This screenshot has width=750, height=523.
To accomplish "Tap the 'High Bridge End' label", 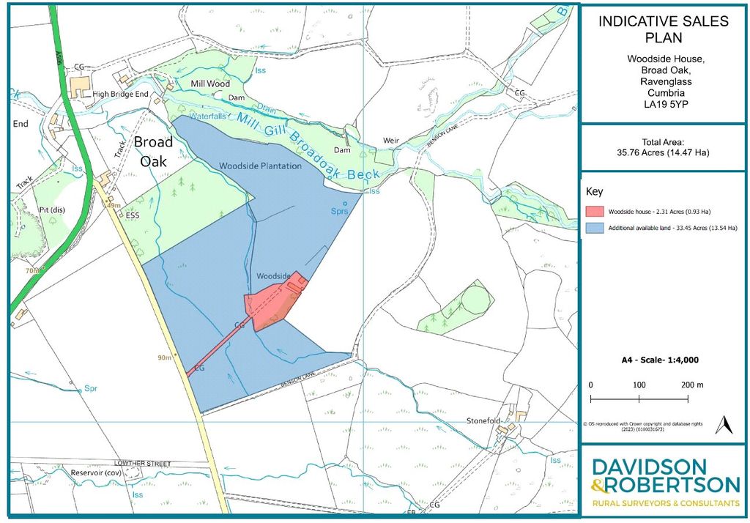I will click(121, 95).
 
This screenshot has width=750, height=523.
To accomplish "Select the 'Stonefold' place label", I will click(487, 421).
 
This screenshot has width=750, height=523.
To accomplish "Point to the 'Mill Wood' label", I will click(210, 84).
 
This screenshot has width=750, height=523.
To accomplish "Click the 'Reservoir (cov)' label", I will click(101, 472).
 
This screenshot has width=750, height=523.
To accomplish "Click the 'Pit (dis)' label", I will click(52, 209).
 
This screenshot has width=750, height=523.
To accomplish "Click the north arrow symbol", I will click(725, 426).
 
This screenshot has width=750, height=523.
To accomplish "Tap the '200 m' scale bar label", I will click(691, 385).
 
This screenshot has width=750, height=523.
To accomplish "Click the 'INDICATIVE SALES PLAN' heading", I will click(664, 29).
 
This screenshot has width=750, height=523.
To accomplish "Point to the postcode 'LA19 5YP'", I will click(664, 105).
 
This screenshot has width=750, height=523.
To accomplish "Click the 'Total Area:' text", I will click(663, 141).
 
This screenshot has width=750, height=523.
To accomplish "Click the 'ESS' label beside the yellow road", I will click(132, 216).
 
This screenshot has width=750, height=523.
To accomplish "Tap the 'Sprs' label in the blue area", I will click(338, 211).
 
